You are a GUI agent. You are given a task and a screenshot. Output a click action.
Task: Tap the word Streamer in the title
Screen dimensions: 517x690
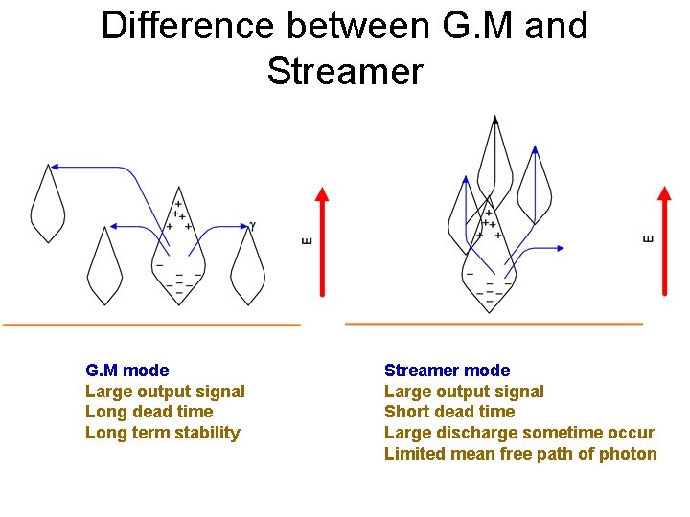click(x=344, y=71)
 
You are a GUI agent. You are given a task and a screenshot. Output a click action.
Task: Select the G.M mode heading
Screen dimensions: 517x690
click(x=126, y=371)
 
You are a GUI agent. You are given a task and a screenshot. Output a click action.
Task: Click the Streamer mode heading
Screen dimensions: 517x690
click(x=447, y=371)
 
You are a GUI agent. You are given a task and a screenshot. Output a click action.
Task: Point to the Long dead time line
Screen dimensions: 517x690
click(x=149, y=412)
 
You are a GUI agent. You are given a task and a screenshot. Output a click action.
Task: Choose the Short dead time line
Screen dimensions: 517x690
click(x=448, y=412)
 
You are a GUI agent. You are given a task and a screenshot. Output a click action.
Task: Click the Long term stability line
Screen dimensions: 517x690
click(x=162, y=433)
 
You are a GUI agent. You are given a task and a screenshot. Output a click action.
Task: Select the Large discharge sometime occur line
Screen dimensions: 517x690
click(x=518, y=433)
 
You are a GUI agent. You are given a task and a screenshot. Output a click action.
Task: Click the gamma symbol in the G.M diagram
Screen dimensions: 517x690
click(x=252, y=226)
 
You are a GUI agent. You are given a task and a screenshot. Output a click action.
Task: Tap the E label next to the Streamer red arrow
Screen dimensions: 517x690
click(x=648, y=237)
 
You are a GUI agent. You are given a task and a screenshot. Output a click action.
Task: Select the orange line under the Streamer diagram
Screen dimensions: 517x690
click(x=494, y=324)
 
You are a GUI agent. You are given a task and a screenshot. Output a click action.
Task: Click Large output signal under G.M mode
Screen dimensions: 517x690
click(x=165, y=392)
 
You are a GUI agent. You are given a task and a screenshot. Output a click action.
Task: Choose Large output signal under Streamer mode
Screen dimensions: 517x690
click(x=464, y=392)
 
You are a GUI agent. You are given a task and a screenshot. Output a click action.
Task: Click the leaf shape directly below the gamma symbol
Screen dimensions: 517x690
click(x=247, y=268)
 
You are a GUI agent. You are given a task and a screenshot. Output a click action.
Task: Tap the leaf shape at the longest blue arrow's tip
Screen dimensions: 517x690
click(x=47, y=203)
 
